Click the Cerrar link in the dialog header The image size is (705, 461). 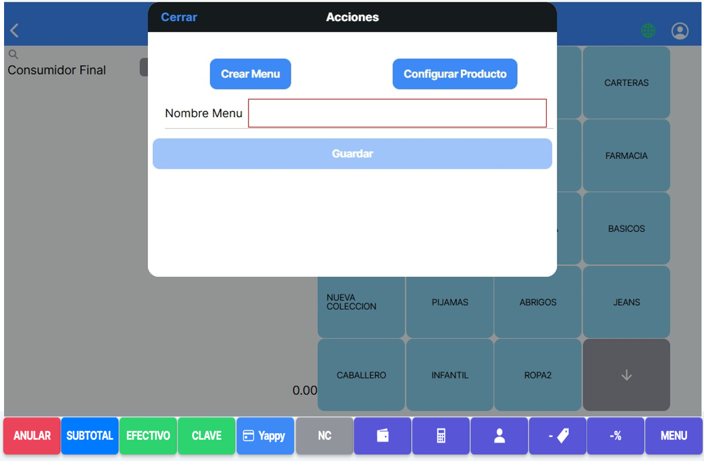pyautogui.click(x=179, y=17)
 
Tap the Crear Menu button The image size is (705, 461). pyautogui.click(x=250, y=74)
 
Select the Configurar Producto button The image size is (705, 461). pyautogui.click(x=455, y=74)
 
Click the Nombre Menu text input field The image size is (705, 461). pyautogui.click(x=397, y=113)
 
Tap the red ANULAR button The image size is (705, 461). pyautogui.click(x=32, y=436)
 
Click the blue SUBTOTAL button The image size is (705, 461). pyautogui.click(x=90, y=436)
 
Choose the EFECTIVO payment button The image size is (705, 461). pyautogui.click(x=148, y=436)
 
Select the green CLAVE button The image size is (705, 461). pyautogui.click(x=206, y=436)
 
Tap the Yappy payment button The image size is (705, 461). pyautogui.click(x=265, y=436)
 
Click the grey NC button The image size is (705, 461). pyautogui.click(x=324, y=436)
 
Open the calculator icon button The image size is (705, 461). pyautogui.click(x=441, y=436)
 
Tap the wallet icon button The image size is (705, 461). pyautogui.click(x=383, y=436)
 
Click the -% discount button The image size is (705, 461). pyautogui.click(x=615, y=436)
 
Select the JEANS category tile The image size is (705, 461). pyautogui.click(x=626, y=302)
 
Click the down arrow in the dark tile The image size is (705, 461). pyautogui.click(x=626, y=375)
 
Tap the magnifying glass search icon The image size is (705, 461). pyautogui.click(x=13, y=54)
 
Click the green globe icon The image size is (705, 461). pyautogui.click(x=648, y=31)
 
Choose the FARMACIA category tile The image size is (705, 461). pyautogui.click(x=626, y=156)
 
